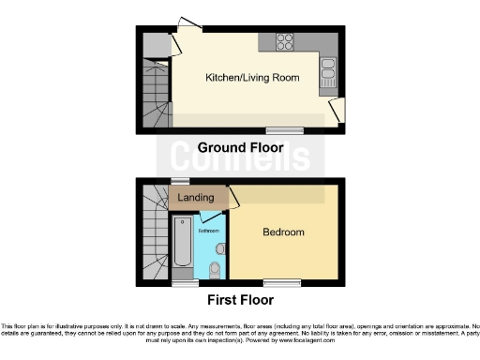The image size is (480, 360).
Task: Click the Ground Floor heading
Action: tap(239, 148)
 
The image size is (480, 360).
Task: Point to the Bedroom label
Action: tap(282, 232)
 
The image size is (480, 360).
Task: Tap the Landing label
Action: tap(196, 198)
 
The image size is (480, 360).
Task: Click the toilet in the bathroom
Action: tap(215, 270)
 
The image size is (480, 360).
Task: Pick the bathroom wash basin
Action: tap(221, 248)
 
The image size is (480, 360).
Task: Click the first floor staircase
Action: tap(153, 234)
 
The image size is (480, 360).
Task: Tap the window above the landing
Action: tap(179, 181)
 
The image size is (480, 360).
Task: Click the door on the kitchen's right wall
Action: tap(336, 111)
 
